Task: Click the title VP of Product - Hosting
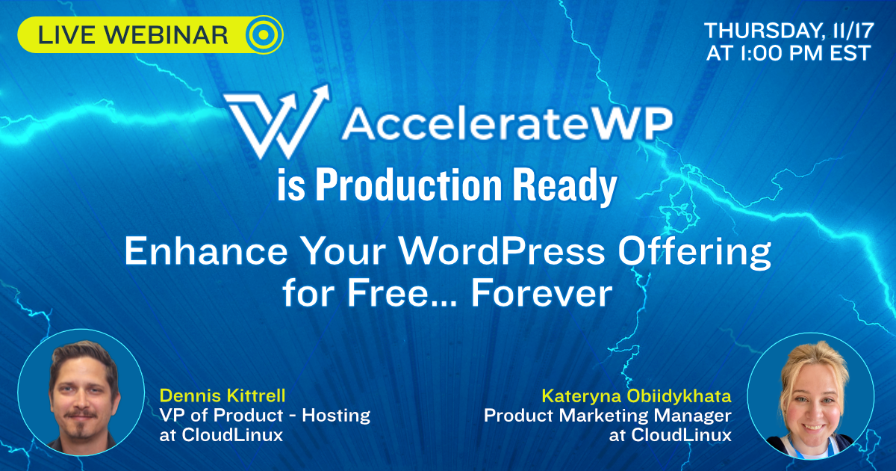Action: click(265, 415)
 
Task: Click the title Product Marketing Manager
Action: click(608, 415)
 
